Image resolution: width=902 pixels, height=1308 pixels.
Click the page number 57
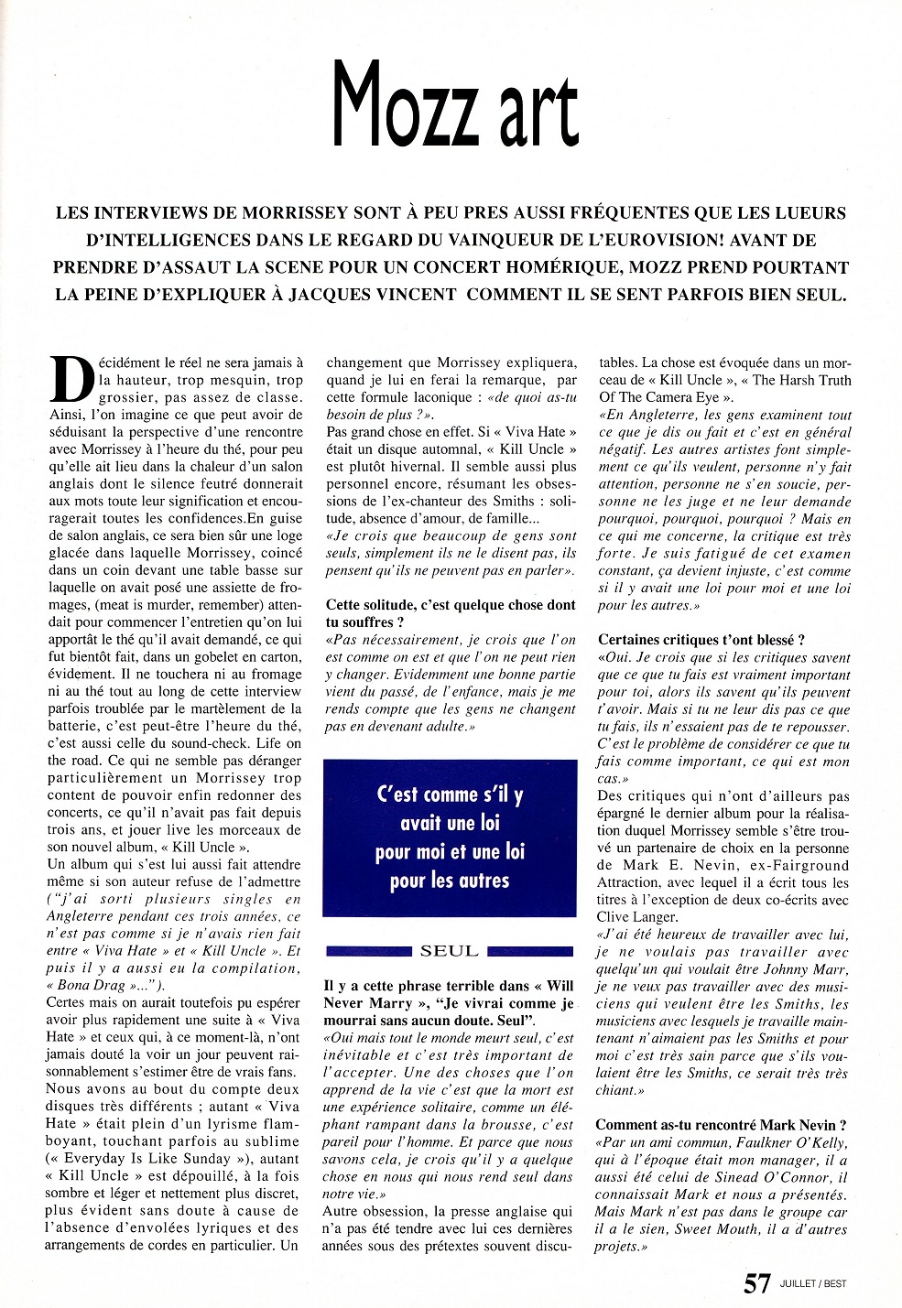click(x=756, y=1284)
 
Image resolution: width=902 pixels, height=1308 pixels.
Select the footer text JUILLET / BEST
click(x=813, y=1284)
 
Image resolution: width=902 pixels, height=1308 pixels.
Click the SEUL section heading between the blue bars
click(x=450, y=951)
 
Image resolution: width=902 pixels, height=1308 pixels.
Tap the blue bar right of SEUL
click(x=532, y=951)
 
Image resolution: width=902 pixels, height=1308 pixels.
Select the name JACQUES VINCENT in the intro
click(x=355, y=295)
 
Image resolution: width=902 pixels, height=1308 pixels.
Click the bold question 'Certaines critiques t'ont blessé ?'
click(x=701, y=640)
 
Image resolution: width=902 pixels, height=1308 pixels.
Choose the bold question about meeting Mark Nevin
click(x=721, y=1125)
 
